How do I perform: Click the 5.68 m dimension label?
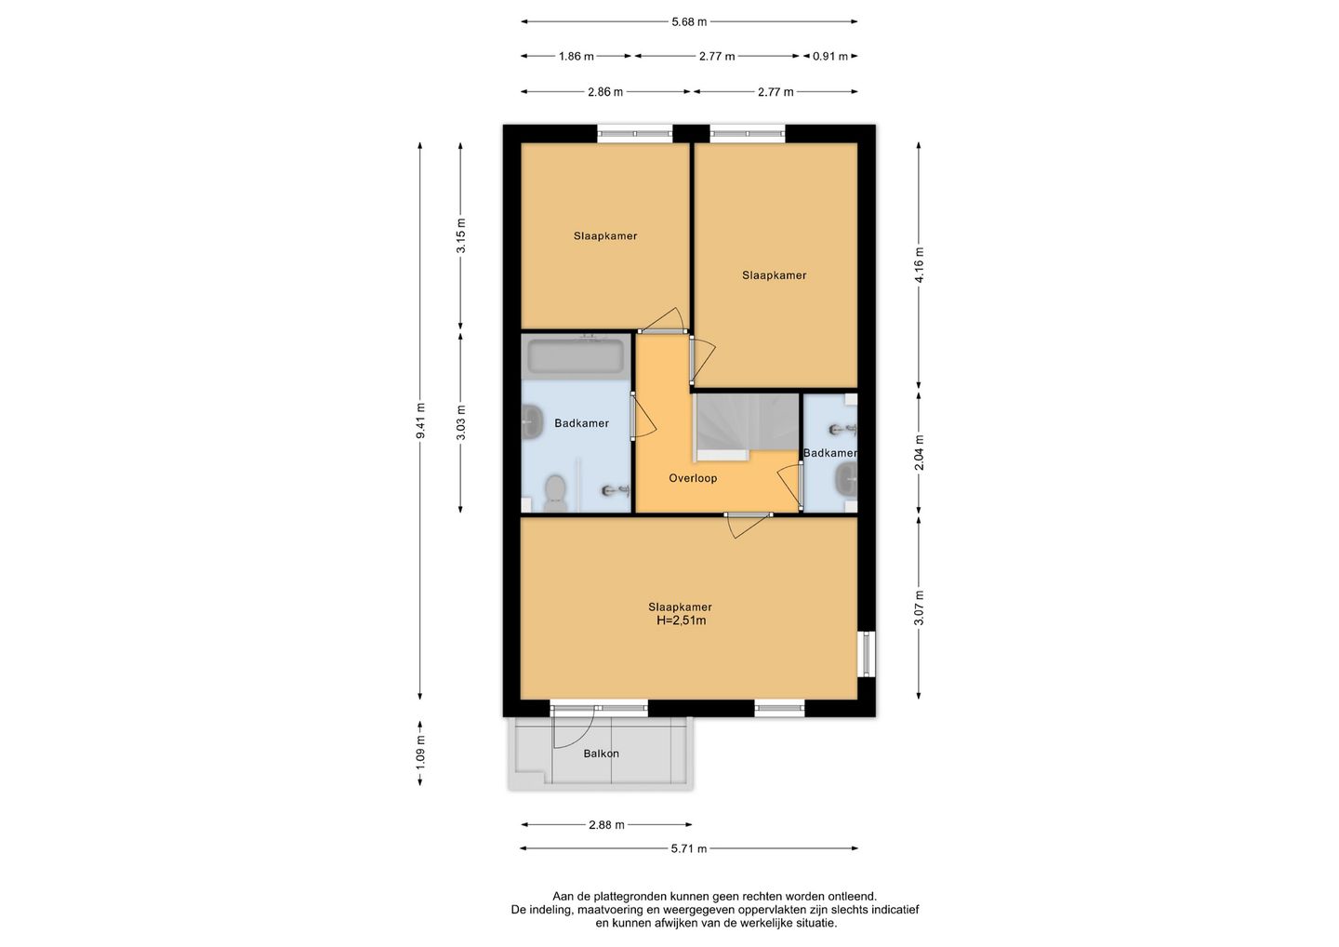(x=689, y=22)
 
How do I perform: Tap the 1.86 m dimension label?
(x=577, y=57)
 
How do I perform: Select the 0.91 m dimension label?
(x=830, y=57)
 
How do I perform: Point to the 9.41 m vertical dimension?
(x=421, y=420)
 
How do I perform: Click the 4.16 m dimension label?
(x=919, y=264)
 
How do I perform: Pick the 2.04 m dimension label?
(x=919, y=452)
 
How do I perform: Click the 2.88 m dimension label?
(x=606, y=825)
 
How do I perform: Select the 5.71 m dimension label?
(x=689, y=848)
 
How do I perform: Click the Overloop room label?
(x=693, y=478)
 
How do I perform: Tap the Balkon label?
(x=602, y=754)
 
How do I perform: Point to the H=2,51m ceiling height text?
(x=682, y=620)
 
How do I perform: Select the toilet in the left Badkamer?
(x=556, y=493)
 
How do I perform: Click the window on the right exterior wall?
(x=867, y=654)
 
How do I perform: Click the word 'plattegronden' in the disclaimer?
(x=633, y=897)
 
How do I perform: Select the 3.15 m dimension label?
(x=461, y=235)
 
